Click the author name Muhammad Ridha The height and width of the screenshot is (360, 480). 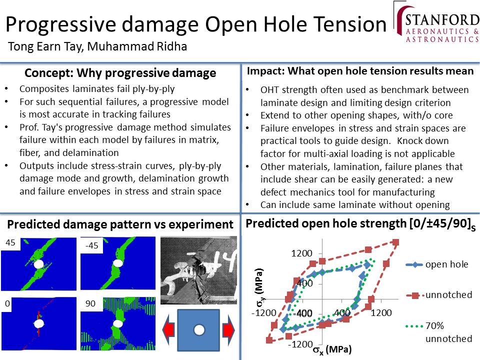click(137, 46)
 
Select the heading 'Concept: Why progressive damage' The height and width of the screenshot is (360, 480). click(120, 73)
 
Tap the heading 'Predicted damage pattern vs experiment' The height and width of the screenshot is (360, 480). click(120, 224)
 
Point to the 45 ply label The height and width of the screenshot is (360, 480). click(10, 243)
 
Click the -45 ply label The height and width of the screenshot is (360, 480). click(91, 245)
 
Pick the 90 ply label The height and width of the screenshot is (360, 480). click(90, 303)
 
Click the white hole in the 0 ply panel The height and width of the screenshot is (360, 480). click(39, 323)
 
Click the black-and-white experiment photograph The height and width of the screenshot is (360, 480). click(198, 270)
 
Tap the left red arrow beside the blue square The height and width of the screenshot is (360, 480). click(168, 330)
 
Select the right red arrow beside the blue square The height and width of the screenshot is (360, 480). click(228, 330)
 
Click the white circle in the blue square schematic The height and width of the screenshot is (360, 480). click(199, 330)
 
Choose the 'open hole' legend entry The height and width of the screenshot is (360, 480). click(437, 264)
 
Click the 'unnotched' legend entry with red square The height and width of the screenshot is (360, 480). click(439, 295)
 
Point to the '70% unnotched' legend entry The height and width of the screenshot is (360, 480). click(439, 332)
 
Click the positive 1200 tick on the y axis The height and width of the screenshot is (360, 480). click(302, 253)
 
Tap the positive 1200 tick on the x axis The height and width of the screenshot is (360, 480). click(381, 313)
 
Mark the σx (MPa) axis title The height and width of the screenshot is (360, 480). click(332, 349)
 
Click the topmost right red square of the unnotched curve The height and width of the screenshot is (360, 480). click(395, 243)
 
